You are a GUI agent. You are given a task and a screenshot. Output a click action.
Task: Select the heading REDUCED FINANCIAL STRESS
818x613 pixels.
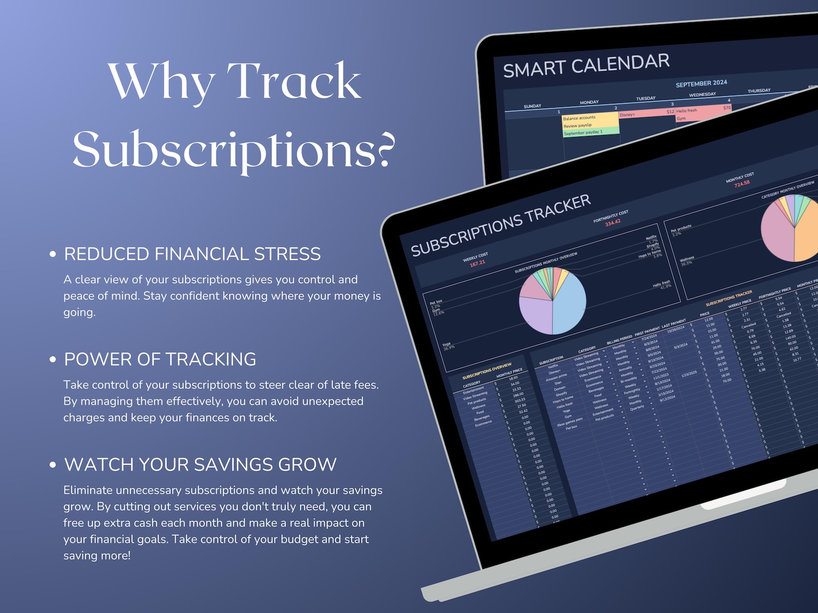tap(192, 254)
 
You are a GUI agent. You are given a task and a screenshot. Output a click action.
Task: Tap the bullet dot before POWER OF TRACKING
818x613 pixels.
tap(53, 360)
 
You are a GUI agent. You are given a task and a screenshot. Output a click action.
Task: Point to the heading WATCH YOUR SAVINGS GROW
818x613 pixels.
tap(200, 465)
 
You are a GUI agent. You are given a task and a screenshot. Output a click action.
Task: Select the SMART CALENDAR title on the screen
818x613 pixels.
tap(586, 65)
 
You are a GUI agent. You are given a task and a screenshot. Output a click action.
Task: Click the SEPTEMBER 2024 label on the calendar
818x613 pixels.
tap(701, 83)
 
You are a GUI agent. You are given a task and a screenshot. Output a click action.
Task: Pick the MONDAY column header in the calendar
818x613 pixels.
tap(589, 103)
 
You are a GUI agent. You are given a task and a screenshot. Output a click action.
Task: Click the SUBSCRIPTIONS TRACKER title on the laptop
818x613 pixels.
tap(500, 225)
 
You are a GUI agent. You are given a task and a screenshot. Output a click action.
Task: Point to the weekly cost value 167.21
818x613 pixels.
tap(478, 263)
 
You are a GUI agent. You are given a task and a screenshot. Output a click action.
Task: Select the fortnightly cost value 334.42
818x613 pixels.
tap(612, 223)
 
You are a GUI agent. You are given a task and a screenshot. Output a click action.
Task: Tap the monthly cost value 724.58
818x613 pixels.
tap(742, 184)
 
